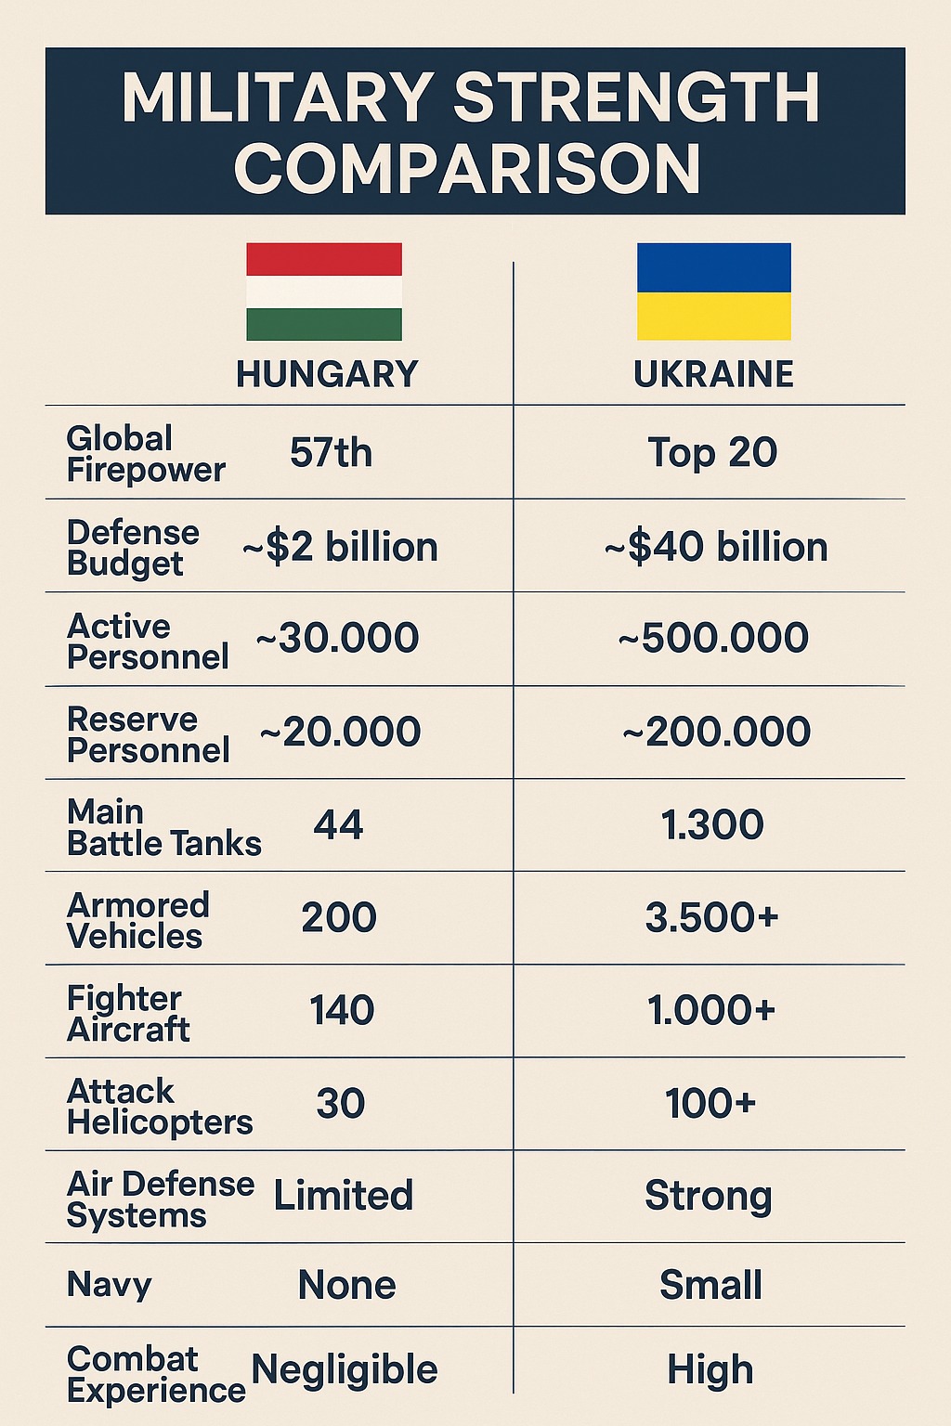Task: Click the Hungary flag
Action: point(324,292)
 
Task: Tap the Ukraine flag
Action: point(713,292)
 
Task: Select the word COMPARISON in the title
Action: point(467,168)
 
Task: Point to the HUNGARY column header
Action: point(327,374)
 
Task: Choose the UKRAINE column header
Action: point(713,374)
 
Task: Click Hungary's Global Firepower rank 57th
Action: point(331,453)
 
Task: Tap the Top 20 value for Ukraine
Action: point(712,453)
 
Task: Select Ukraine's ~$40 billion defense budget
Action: point(716,547)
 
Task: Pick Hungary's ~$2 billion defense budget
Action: point(340,547)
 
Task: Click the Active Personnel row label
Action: point(148,642)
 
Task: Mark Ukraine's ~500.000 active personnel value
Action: point(713,639)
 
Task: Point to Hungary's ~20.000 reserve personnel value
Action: point(340,732)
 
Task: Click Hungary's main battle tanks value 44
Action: point(338,824)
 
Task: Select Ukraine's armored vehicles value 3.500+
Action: point(711,917)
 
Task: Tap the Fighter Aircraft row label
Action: point(128,1014)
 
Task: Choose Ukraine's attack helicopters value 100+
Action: point(710,1104)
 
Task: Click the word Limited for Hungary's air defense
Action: point(343,1196)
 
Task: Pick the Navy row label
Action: point(109,1285)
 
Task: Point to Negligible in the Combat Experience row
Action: point(345,1370)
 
